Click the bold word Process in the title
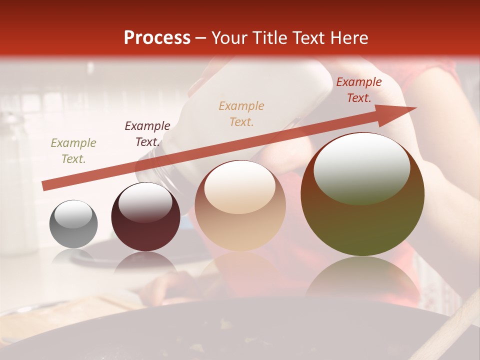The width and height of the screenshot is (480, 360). pos(157,38)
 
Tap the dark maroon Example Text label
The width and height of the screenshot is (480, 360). pos(147,134)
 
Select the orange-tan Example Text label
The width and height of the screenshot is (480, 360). pos(241,113)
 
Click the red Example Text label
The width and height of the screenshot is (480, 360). pos(358,90)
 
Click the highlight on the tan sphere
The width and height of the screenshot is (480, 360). pos(239,187)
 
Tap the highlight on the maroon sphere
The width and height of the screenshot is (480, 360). pos(145,202)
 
